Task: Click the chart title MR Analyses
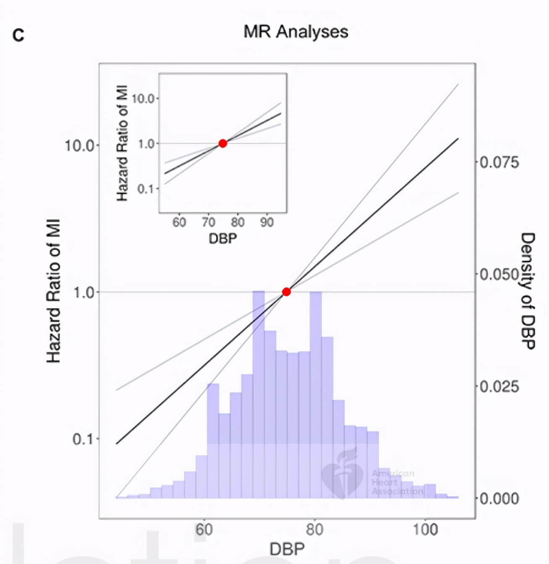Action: click(295, 32)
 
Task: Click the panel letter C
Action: click(18, 35)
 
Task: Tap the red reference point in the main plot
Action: click(286, 292)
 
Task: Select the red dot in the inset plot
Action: click(223, 144)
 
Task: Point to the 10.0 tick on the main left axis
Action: click(80, 146)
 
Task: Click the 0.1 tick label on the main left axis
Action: click(84, 439)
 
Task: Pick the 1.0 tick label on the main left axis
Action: click(84, 292)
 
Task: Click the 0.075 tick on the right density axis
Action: click(499, 162)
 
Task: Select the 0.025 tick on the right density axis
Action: click(499, 386)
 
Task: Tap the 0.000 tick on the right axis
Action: click(499, 499)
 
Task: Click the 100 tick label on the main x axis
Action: click(425, 530)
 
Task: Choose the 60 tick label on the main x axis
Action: click(204, 530)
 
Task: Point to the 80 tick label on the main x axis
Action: click(314, 530)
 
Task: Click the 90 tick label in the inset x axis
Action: click(267, 222)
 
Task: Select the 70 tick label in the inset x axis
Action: click(208, 222)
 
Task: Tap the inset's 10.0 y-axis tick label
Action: click(144, 99)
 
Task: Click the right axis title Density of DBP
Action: click(528, 290)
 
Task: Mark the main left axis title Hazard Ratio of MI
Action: click(54, 291)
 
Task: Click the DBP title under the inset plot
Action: click(223, 238)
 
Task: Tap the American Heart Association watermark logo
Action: click(342, 476)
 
